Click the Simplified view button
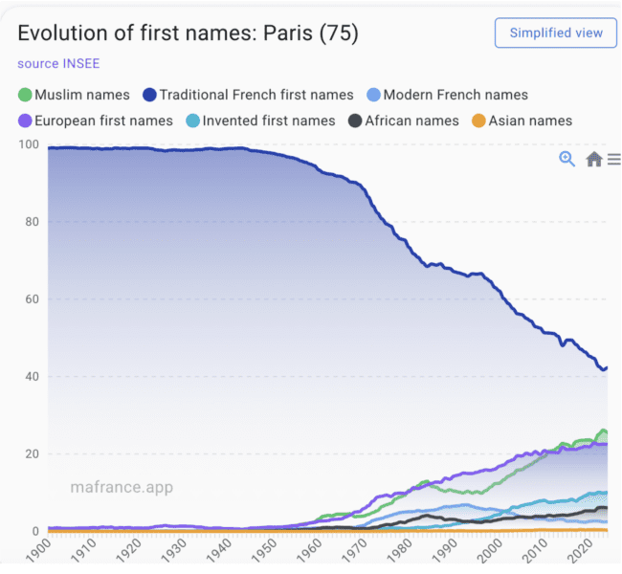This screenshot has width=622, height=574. click(x=555, y=33)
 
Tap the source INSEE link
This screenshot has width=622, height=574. click(x=58, y=63)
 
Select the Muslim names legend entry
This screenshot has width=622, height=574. click(x=75, y=95)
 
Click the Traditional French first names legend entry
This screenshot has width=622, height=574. click(x=248, y=95)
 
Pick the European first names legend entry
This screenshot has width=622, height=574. click(x=96, y=121)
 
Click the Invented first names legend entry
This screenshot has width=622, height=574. click(x=260, y=121)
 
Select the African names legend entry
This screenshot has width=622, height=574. click(x=404, y=121)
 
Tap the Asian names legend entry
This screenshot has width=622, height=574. click(x=522, y=121)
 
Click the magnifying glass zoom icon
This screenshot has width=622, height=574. click(x=566, y=159)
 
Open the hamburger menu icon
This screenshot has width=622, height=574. click(x=614, y=159)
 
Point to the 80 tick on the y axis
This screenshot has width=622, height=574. click(x=33, y=222)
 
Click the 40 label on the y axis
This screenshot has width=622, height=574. click(x=33, y=377)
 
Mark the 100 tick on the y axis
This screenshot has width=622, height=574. click(x=29, y=144)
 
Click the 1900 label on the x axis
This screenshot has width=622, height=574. click(x=39, y=551)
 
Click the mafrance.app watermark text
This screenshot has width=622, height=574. click(x=122, y=487)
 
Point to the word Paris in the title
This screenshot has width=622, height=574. click(x=288, y=33)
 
